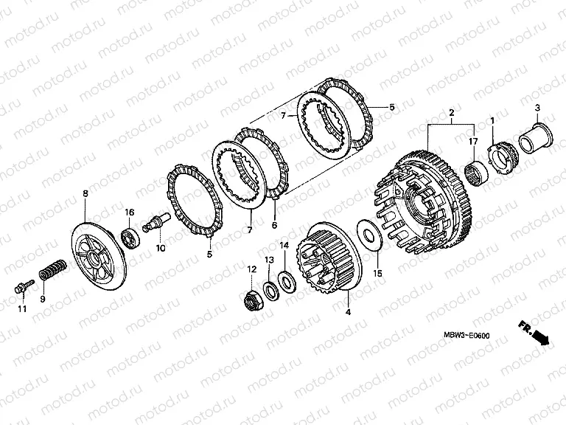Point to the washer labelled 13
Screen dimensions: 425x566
tap(270, 288)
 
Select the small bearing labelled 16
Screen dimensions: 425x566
tap(131, 237)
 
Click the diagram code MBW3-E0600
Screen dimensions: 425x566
tap(467, 336)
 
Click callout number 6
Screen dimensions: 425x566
tap(274, 224)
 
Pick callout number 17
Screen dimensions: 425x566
tap(472, 141)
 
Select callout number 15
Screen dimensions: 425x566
tap(377, 274)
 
